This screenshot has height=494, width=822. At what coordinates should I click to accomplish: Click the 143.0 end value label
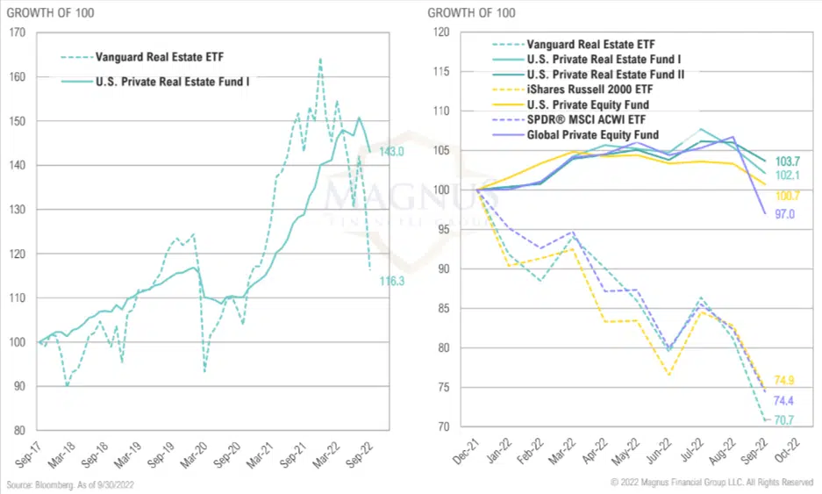390,152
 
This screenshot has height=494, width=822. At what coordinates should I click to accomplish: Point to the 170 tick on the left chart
15,33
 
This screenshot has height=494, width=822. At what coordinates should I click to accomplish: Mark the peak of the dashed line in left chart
320,59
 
